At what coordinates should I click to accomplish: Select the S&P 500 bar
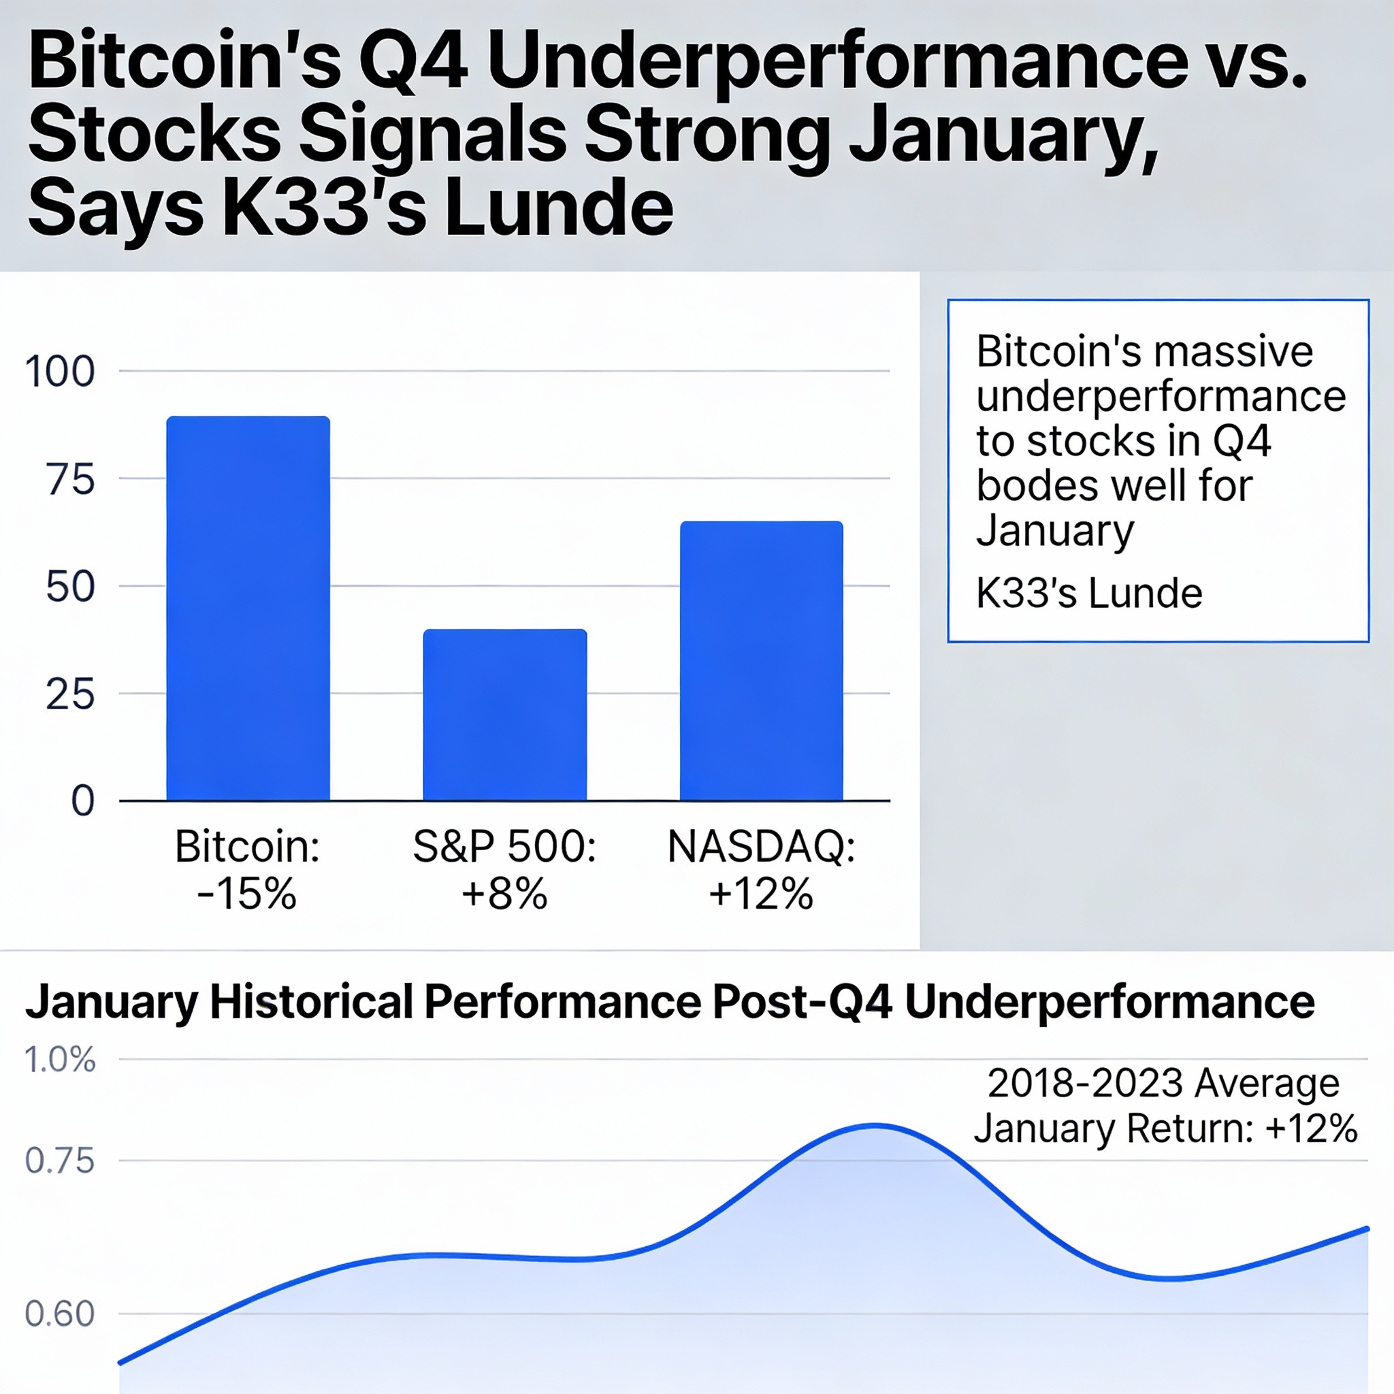click(x=504, y=714)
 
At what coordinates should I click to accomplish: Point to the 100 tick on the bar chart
click(x=60, y=372)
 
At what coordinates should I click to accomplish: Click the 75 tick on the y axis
click(x=70, y=479)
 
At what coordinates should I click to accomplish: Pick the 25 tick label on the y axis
click(x=70, y=694)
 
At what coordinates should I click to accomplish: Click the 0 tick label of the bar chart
click(x=82, y=801)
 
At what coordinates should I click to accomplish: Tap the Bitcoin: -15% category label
click(x=247, y=869)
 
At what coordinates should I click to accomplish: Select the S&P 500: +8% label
click(x=504, y=869)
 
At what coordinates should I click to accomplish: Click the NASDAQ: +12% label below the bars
click(x=761, y=869)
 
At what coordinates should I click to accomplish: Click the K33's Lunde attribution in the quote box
click(x=1089, y=593)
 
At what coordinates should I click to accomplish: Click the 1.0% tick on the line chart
click(x=60, y=1060)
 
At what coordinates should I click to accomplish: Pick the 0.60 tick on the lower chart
click(x=60, y=1314)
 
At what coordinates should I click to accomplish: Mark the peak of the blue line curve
click(x=875, y=1125)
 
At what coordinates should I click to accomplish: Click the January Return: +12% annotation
click(x=1165, y=1129)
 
